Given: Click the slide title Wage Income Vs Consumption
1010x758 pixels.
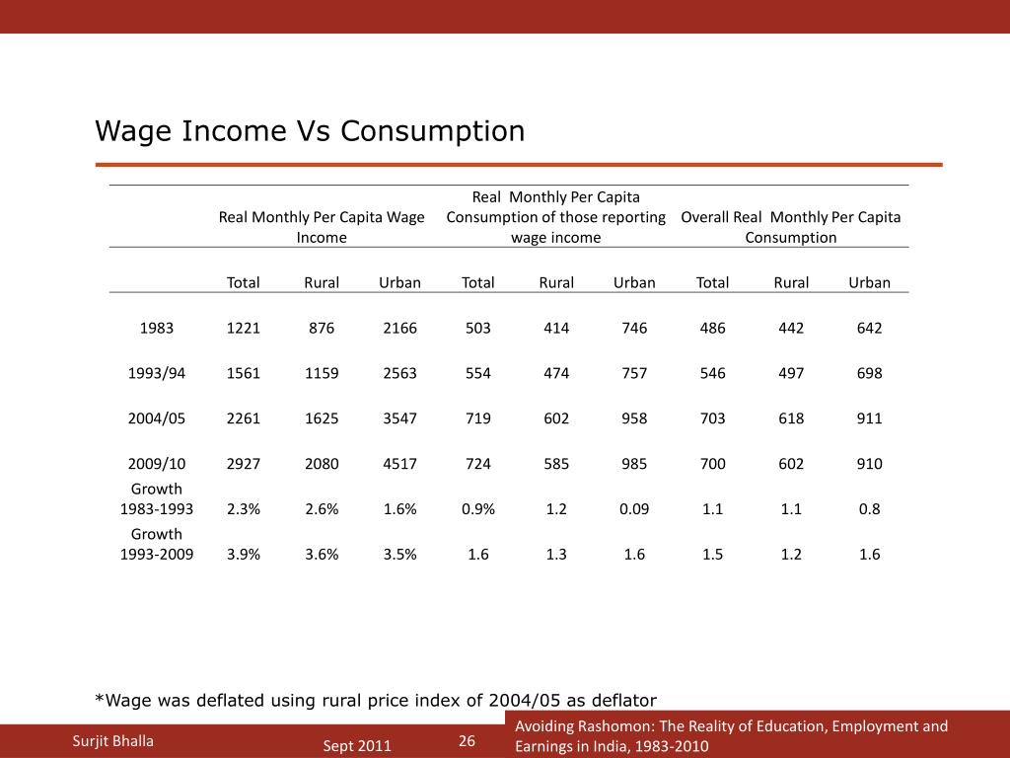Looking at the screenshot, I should (x=310, y=131).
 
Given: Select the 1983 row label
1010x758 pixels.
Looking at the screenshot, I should (x=156, y=328).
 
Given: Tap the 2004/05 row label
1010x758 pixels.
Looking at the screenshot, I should (x=156, y=418).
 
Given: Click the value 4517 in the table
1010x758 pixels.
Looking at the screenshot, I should (x=399, y=464).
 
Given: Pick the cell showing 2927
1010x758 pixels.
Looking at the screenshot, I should (x=243, y=464).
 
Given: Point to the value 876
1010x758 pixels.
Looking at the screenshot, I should (x=322, y=328).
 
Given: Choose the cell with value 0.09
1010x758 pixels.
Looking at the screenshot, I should (x=634, y=509).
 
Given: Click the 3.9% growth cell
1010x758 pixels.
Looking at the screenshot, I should (x=243, y=555).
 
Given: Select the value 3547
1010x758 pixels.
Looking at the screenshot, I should (x=399, y=418).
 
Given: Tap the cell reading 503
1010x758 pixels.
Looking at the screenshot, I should (x=478, y=328).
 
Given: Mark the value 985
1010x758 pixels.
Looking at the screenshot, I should (x=634, y=464).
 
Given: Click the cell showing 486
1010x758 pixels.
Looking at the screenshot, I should (x=712, y=328).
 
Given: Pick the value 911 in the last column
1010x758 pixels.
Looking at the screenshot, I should (x=869, y=418).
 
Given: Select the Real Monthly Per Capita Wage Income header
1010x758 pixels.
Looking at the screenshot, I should (x=322, y=227).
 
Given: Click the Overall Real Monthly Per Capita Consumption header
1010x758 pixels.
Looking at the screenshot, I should (x=791, y=227).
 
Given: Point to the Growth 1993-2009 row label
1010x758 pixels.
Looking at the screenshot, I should (x=156, y=544).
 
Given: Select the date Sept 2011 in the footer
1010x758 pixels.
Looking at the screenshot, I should (x=357, y=746).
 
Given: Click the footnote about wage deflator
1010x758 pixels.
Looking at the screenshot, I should (x=375, y=701).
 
